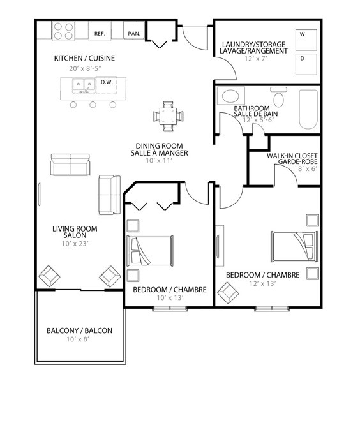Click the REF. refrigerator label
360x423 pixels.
(100, 34)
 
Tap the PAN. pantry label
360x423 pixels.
(134, 34)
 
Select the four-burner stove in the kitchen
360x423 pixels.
(63, 31)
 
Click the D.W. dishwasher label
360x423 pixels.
(107, 82)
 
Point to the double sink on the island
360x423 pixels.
(84, 86)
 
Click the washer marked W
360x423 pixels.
(306, 40)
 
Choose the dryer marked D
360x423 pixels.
(306, 64)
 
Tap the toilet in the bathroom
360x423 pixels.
(278, 97)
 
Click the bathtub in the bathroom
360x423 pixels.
(308, 109)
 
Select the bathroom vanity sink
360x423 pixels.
(231, 96)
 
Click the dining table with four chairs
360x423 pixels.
(168, 116)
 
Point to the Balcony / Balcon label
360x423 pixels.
(79, 330)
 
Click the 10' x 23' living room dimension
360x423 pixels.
(75, 244)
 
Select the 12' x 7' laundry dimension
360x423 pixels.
(255, 59)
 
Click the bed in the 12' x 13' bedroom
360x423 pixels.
(295, 246)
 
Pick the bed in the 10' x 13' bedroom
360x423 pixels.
(150, 251)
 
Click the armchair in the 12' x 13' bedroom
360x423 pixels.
(228, 292)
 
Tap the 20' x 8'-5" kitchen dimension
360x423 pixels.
(85, 68)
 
